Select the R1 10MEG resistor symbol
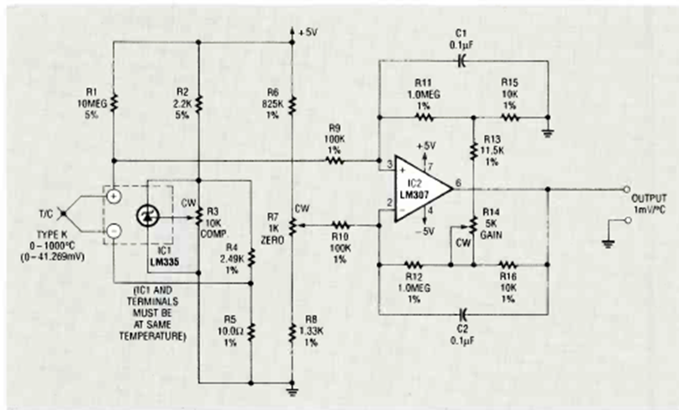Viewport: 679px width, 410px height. (x=113, y=101)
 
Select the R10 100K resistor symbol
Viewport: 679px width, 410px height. (x=339, y=225)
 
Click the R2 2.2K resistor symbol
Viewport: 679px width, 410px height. (x=198, y=101)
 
